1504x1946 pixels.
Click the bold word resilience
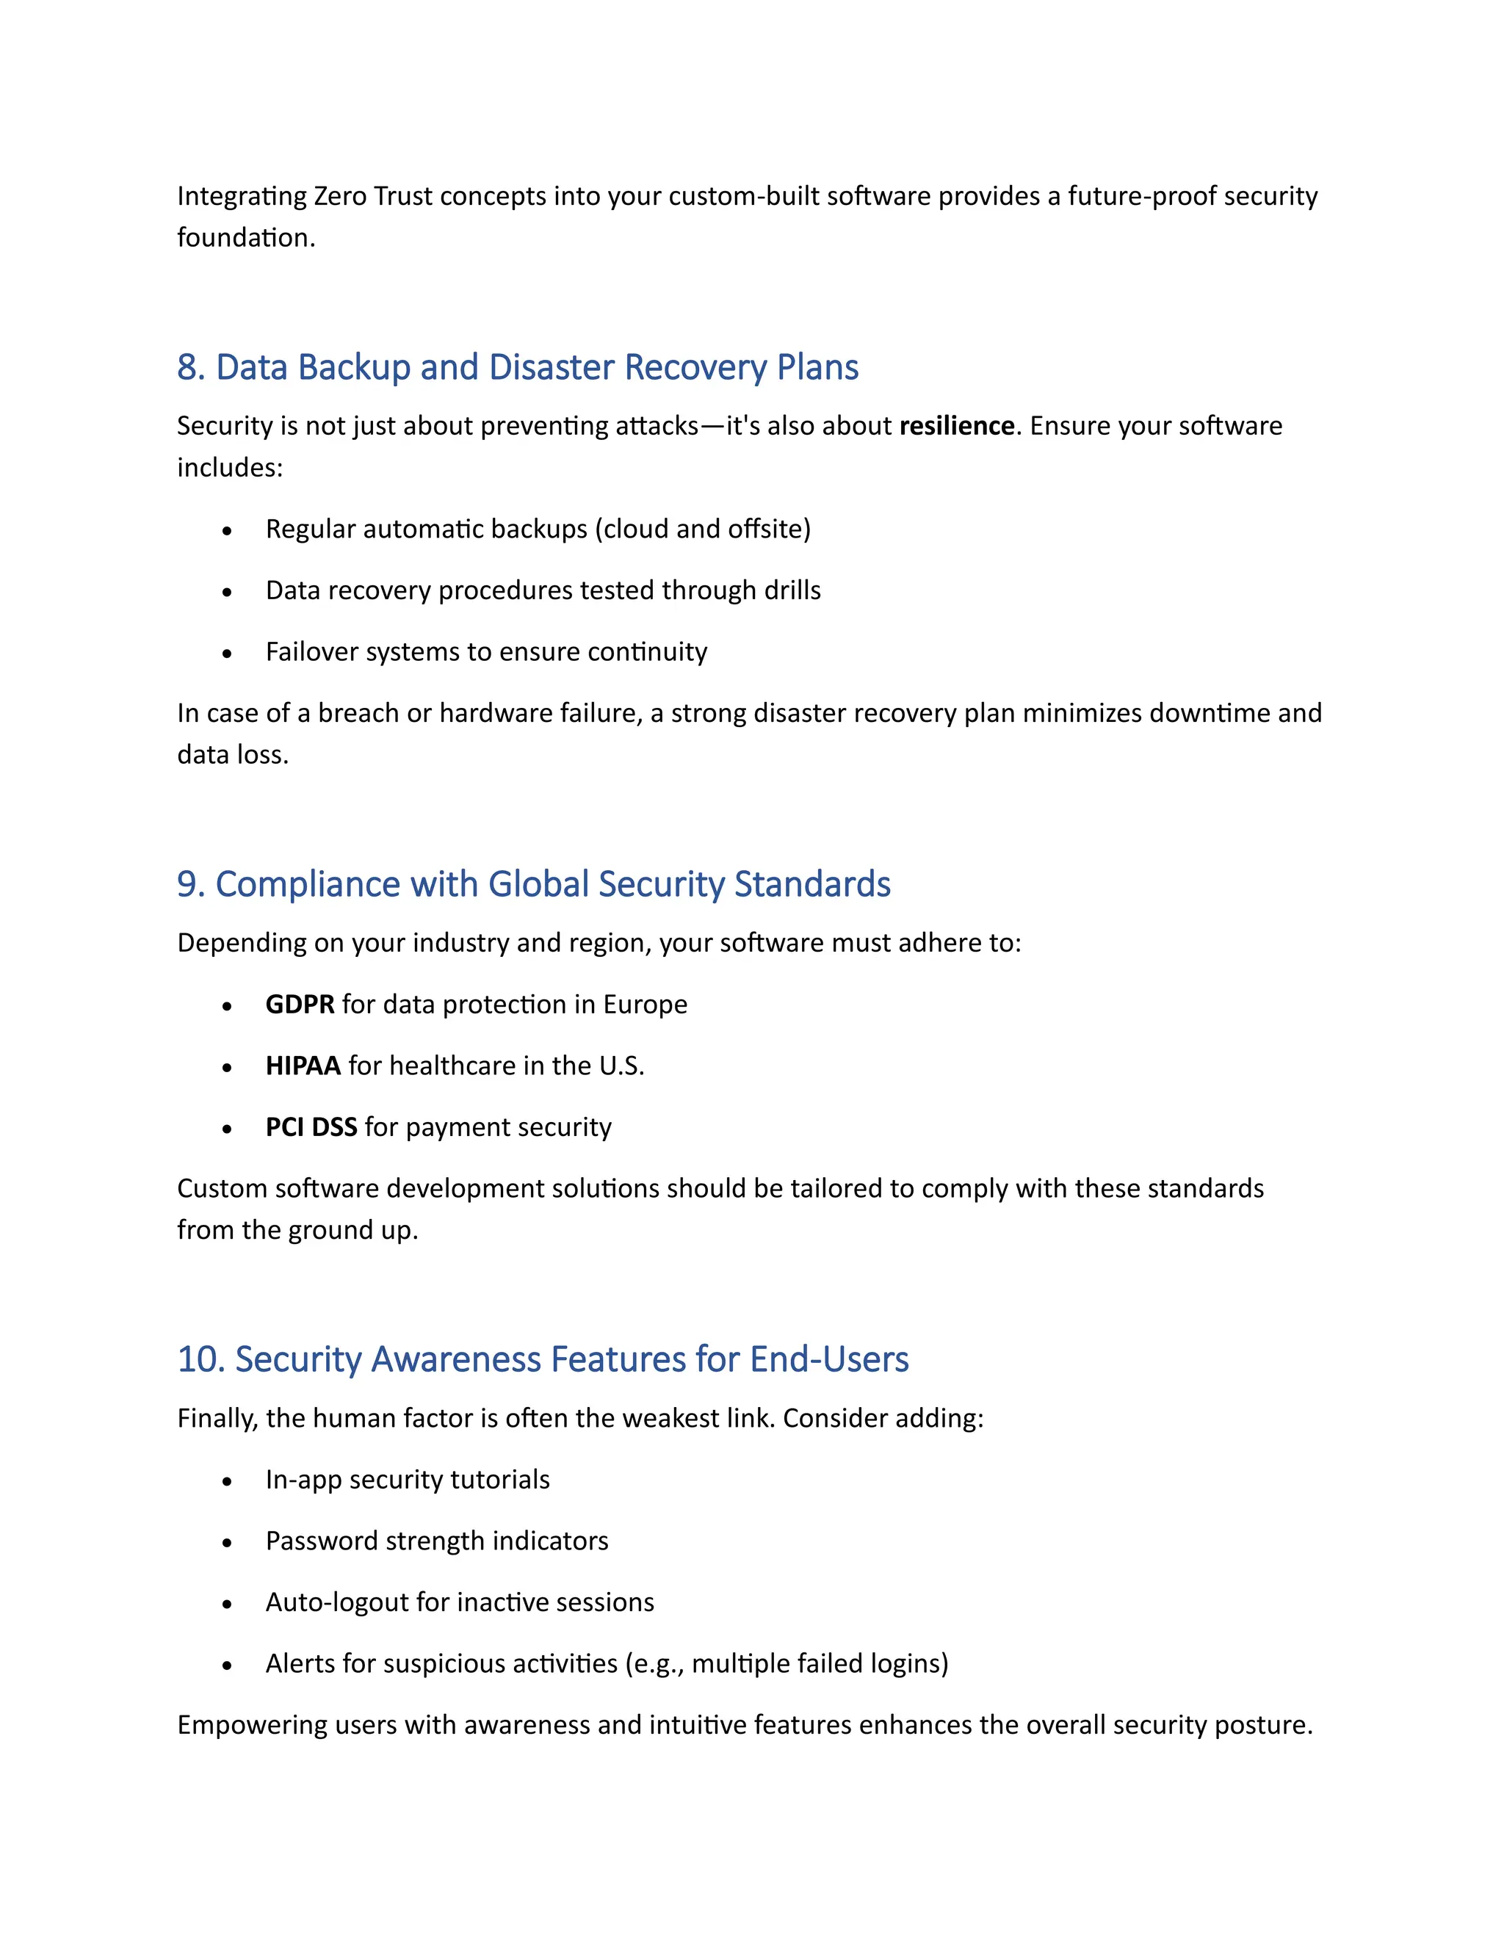[956, 426]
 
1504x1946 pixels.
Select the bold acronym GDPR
[300, 1004]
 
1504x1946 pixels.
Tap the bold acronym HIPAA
[303, 1066]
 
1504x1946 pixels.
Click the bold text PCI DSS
[311, 1127]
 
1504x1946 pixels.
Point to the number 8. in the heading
[191, 368]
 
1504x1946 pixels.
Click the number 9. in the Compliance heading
[191, 885]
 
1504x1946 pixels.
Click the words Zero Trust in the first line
[372, 196]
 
